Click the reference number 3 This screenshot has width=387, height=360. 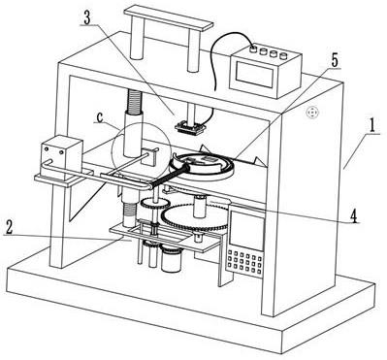[x=87, y=18]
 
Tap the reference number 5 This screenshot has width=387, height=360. [x=334, y=60]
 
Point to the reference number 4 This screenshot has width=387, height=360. [x=355, y=216]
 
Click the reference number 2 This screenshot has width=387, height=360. [x=9, y=228]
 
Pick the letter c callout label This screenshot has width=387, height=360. [x=99, y=117]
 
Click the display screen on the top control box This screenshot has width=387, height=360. [x=255, y=74]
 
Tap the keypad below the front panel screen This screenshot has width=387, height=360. [x=244, y=260]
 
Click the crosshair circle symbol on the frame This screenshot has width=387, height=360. [x=312, y=113]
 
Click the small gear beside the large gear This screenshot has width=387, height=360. [x=155, y=204]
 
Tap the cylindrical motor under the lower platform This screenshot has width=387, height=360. [x=172, y=258]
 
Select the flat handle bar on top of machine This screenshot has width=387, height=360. [x=169, y=18]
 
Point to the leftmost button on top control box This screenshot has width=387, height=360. [x=254, y=49]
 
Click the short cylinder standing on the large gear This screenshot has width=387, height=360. [x=200, y=207]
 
